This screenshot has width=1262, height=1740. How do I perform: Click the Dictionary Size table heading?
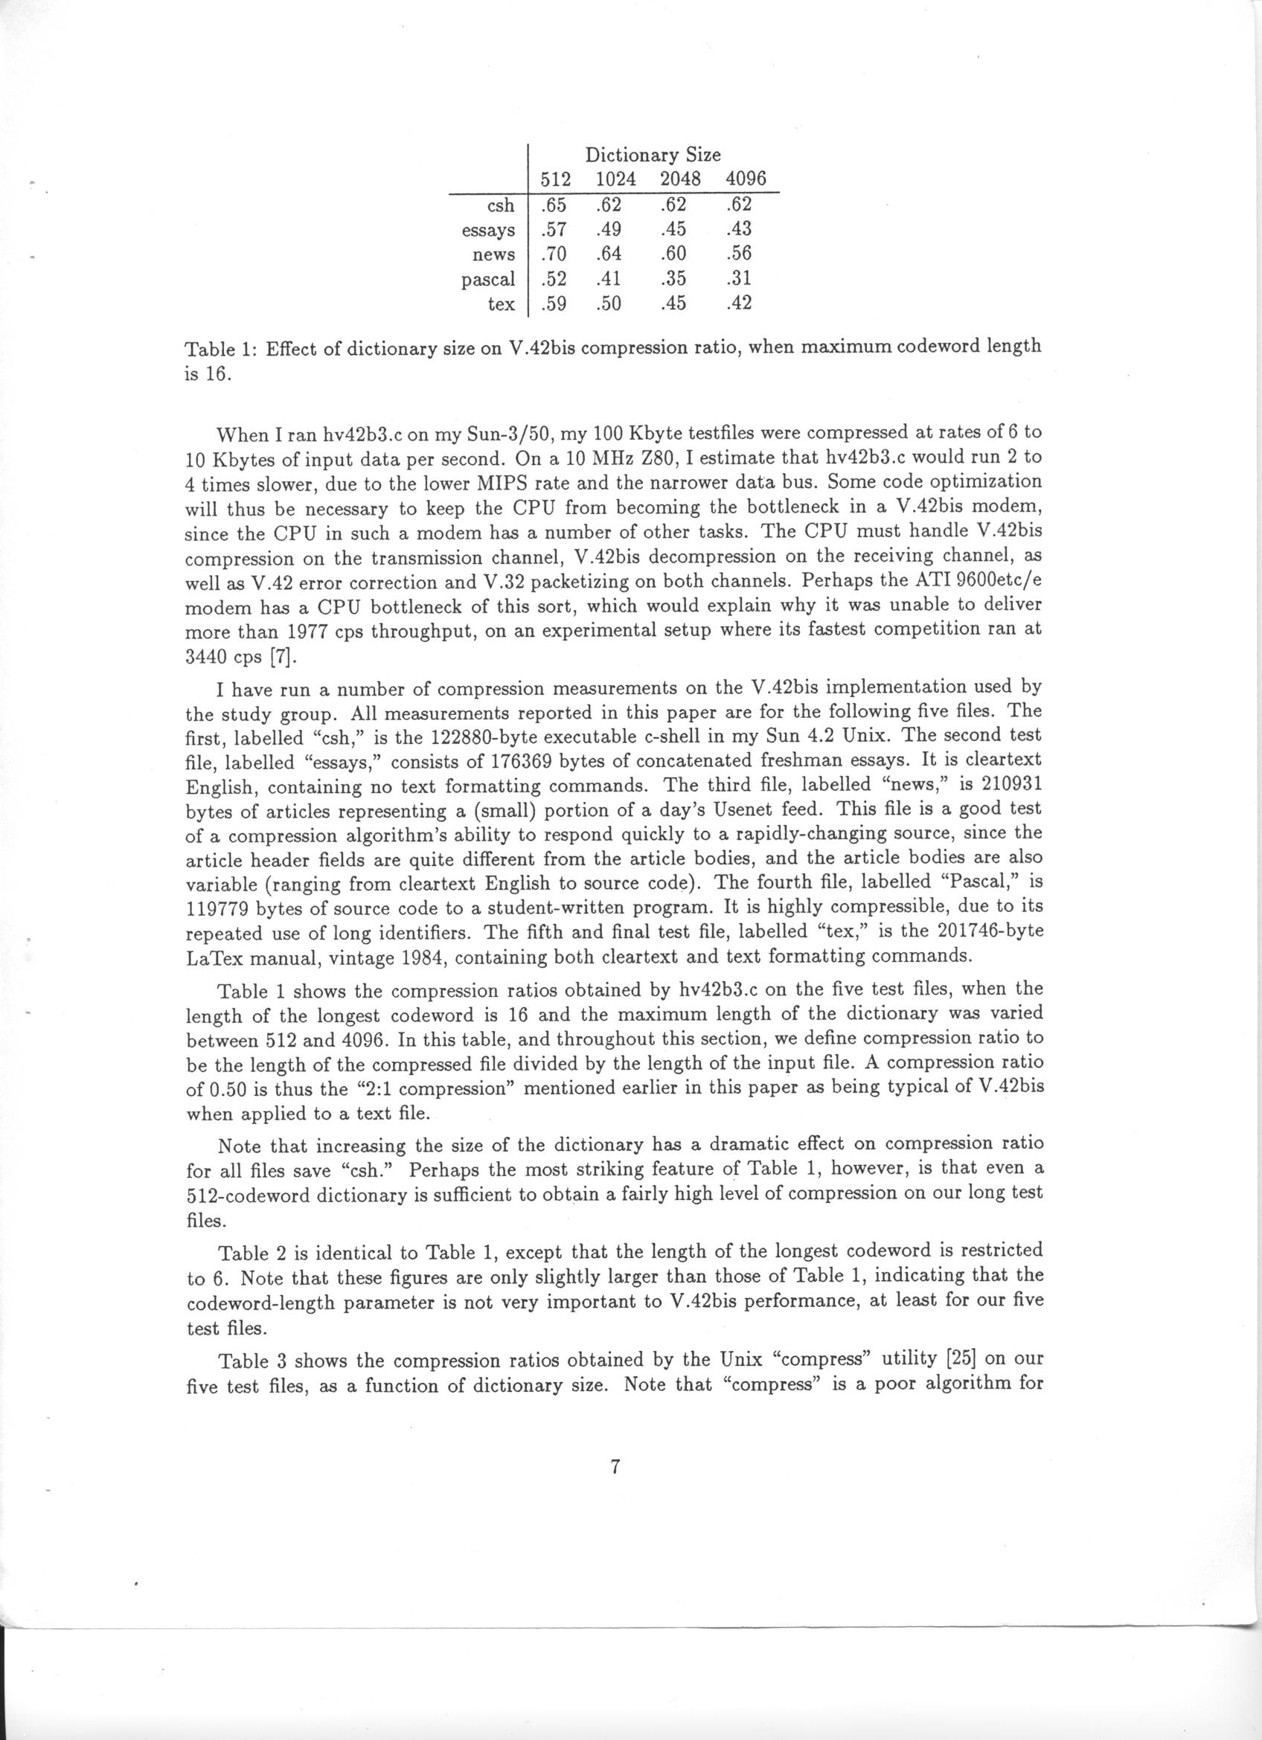[x=653, y=155]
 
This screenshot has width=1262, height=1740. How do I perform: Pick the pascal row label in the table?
[x=488, y=279]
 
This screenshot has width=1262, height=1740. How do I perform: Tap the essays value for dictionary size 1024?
[x=608, y=229]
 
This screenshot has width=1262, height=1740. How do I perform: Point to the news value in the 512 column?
[x=553, y=254]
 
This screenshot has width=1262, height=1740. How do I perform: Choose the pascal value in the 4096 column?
[x=737, y=278]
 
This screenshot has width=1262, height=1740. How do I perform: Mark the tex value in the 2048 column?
[x=672, y=304]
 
